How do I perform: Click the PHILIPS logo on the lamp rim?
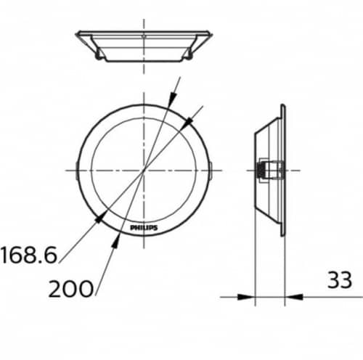click(143, 228)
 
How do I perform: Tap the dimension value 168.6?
click(28, 255)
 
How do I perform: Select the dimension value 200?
click(70, 290)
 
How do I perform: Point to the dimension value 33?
click(338, 279)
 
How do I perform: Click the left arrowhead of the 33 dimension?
click(250, 295)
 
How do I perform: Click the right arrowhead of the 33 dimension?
click(289, 295)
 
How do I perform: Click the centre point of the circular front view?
click(144, 169)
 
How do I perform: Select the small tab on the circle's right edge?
click(211, 169)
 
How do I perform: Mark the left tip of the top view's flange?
click(77, 33)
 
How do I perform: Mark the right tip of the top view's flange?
click(211, 33)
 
